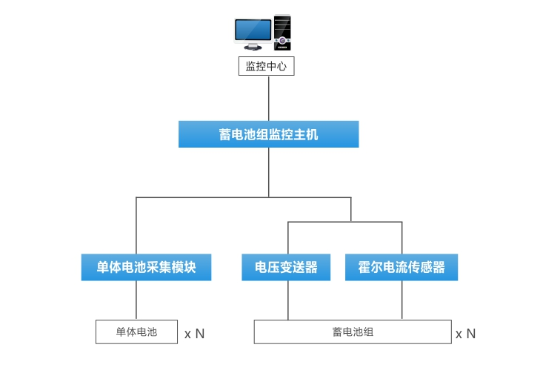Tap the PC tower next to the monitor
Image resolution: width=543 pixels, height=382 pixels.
point(282,32)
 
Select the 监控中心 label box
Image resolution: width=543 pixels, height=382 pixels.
point(266,66)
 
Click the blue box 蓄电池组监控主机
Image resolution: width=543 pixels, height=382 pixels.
point(268,134)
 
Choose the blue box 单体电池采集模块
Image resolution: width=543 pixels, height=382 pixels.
point(146,267)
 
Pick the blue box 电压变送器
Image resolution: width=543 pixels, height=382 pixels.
point(286,267)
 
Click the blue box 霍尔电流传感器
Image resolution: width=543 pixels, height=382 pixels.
point(402,267)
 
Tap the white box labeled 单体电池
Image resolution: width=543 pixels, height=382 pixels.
point(136,332)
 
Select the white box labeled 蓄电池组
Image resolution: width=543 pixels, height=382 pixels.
point(352,332)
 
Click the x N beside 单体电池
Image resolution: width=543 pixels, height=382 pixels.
point(194,334)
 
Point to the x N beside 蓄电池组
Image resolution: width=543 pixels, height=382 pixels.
point(465,334)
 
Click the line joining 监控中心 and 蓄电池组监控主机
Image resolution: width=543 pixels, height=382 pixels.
point(268,98)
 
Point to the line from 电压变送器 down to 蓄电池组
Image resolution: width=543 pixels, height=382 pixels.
point(288,300)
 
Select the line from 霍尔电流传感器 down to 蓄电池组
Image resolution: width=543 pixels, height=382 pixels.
point(402,300)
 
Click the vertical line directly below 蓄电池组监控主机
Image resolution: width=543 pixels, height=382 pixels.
point(268,172)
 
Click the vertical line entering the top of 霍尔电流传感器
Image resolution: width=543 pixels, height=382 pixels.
point(402,237)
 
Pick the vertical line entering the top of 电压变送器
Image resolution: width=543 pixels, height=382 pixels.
point(288,237)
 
